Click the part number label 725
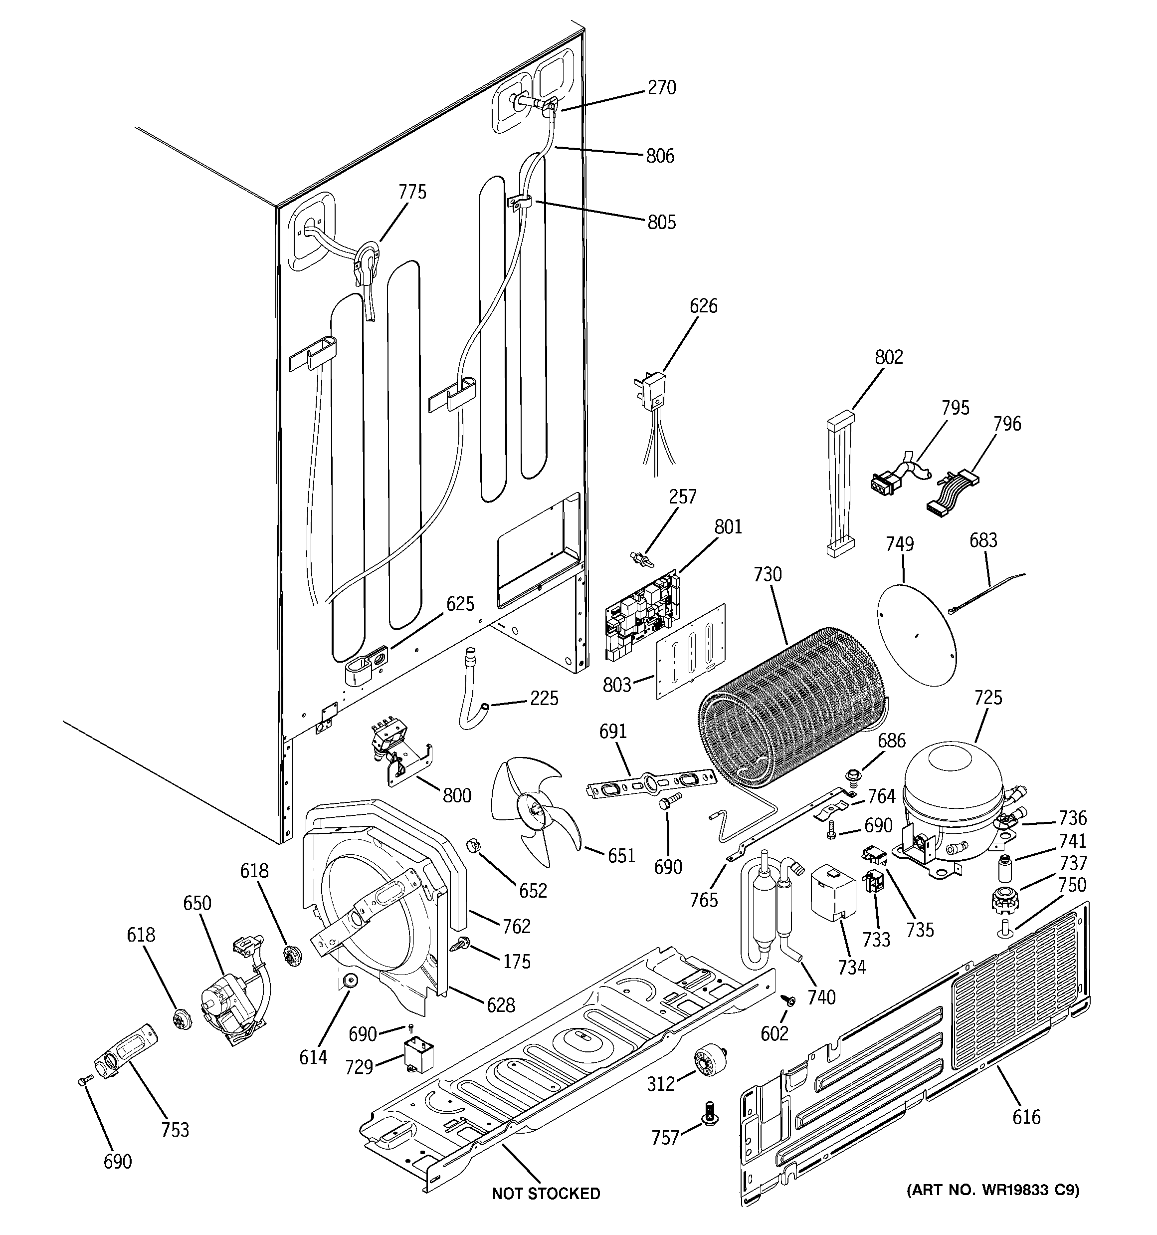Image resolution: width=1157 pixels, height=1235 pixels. [987, 698]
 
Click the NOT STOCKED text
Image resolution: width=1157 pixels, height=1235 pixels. [546, 1193]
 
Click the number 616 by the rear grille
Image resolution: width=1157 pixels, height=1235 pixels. [1025, 1116]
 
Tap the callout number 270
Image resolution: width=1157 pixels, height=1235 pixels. [661, 88]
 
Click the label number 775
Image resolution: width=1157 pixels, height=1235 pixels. [412, 192]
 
